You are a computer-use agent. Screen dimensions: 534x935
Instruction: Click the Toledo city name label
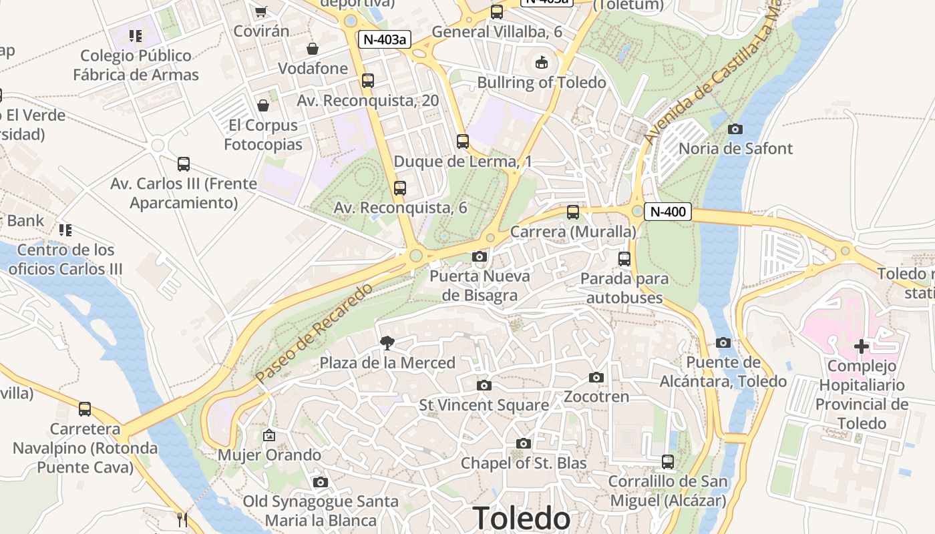522,518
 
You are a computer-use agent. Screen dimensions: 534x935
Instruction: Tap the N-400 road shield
668,212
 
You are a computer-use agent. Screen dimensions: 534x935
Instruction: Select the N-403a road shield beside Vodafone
384,39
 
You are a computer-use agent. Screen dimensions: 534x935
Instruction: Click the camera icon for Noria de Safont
735,129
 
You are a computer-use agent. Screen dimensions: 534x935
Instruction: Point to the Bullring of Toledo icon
541,63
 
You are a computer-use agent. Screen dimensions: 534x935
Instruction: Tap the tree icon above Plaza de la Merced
387,343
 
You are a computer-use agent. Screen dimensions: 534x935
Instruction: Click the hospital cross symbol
862,346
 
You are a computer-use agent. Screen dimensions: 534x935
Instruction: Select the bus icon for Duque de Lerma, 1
463,142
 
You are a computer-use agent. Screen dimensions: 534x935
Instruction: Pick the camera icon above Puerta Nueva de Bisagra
479,256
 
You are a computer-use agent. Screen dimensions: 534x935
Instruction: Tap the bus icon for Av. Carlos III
184,164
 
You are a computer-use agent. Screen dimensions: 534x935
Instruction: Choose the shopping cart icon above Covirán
261,11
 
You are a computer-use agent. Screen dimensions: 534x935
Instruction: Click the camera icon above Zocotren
596,377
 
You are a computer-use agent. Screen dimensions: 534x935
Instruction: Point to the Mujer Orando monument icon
269,435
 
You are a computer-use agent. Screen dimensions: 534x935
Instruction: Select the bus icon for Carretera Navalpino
85,409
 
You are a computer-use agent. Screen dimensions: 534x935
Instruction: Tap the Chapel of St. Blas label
524,463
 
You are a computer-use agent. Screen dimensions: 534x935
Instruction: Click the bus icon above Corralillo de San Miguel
668,461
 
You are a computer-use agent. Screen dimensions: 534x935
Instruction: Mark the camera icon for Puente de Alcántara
723,342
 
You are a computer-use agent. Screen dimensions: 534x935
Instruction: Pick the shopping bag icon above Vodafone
313,49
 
